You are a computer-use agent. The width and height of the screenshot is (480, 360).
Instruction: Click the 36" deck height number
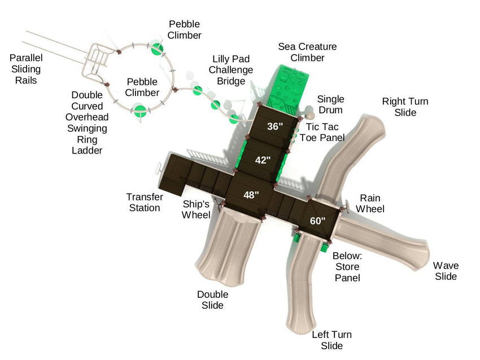pos(275,126)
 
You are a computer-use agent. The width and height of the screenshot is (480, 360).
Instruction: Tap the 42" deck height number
pos(263,160)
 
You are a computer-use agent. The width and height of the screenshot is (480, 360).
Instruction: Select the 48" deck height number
pos(251,195)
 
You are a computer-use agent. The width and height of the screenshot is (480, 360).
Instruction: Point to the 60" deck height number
pos(318,221)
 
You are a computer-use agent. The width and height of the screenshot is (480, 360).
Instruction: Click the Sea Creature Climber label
pos(307,52)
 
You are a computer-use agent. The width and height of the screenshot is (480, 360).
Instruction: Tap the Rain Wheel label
pos(370,203)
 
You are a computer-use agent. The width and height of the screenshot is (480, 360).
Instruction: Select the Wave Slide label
pos(446,271)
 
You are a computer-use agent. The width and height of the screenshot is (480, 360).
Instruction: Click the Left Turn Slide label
pos(331,340)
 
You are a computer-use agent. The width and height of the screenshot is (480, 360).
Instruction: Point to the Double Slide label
pos(213,300)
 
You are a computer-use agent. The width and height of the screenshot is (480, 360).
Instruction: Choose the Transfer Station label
pos(144,203)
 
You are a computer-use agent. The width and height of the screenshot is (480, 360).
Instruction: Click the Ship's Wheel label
pos(197,209)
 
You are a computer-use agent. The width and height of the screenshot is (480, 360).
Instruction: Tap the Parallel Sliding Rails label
pos(26,69)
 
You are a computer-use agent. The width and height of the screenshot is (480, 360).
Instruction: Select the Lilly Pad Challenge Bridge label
pos(231,70)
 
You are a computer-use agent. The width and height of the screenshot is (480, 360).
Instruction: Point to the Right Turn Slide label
pos(405,107)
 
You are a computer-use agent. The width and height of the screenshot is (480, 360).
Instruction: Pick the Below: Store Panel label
pos(347,266)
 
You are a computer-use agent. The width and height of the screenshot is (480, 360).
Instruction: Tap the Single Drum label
pos(330,104)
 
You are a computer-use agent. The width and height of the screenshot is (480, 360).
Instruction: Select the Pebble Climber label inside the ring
pos(142,87)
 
